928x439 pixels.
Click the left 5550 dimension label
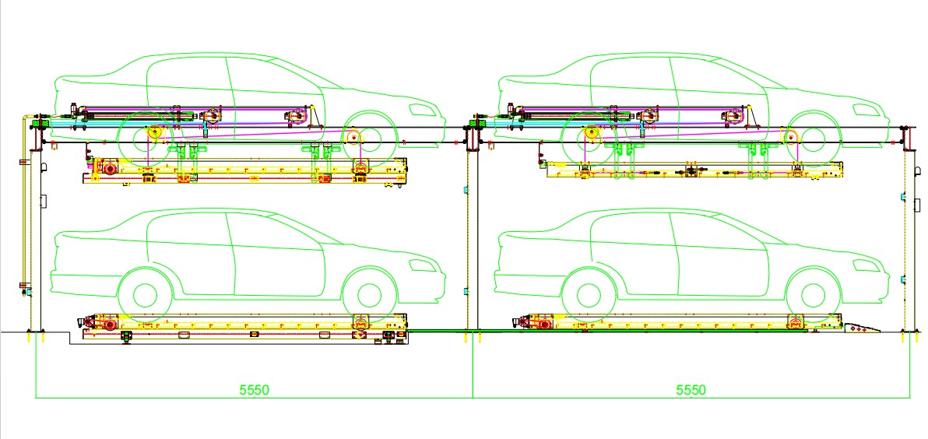(x=254, y=389)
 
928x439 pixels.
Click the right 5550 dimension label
(x=691, y=389)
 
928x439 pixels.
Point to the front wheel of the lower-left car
(x=371, y=295)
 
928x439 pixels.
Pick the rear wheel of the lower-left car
(x=146, y=295)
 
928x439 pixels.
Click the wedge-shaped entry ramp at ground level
(x=860, y=329)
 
